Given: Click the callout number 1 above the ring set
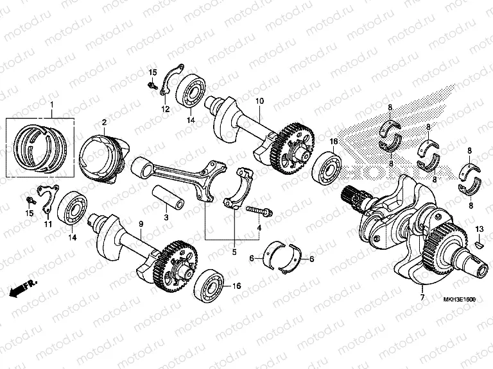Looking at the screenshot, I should [x=52, y=104].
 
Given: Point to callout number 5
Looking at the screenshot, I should [x=234, y=252].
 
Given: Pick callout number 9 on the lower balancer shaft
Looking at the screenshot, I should [x=141, y=223].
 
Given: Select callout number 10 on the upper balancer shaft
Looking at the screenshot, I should [x=260, y=101].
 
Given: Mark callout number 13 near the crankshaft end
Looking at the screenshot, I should [x=479, y=229].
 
